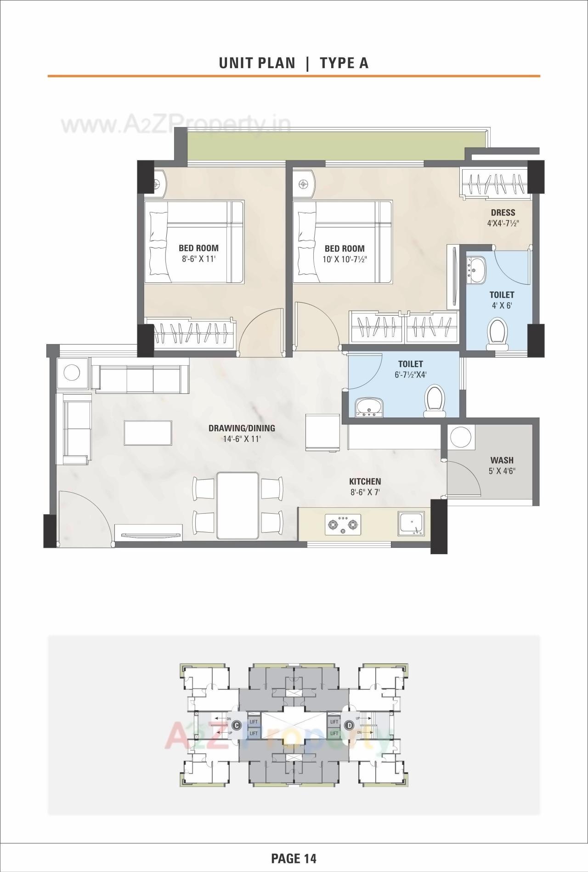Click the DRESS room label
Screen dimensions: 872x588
(503, 212)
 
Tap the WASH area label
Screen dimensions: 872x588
(502, 460)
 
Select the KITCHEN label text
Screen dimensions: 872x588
(365, 482)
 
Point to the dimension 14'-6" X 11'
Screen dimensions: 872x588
(242, 439)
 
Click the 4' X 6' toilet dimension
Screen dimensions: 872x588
(502, 305)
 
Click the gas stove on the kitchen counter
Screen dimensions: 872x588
(342, 524)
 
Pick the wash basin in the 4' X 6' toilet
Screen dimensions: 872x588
(476, 271)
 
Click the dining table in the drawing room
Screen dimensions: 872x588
(237, 505)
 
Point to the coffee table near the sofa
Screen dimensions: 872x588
(148, 432)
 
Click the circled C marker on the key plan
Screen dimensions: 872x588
(236, 725)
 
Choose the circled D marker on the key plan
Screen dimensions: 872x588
(350, 725)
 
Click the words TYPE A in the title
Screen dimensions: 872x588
(344, 63)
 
